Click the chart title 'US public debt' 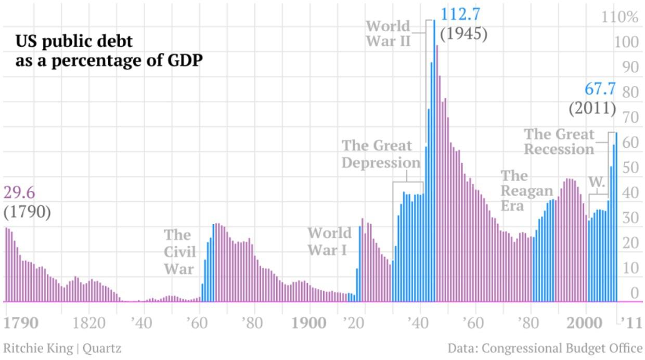point(74,41)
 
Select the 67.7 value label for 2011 point(600,89)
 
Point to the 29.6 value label point(19,192)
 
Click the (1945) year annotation point(463,34)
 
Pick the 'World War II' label point(389,33)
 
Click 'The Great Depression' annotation point(380,153)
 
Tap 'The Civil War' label point(179,251)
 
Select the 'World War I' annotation point(329,241)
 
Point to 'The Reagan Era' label point(526,190)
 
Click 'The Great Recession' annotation point(559,142)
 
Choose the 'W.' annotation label point(597,182)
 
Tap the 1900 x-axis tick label point(309,323)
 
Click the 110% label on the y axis point(620,17)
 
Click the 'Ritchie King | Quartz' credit point(62,348)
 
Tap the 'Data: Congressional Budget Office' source point(545,348)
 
